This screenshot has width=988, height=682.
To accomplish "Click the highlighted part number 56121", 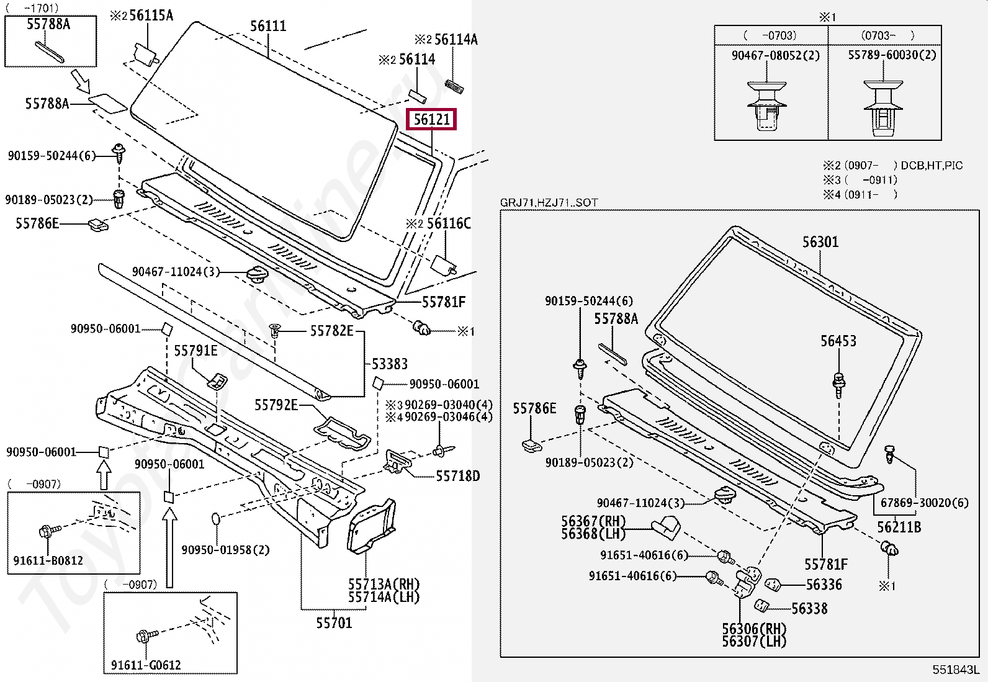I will click(x=431, y=119).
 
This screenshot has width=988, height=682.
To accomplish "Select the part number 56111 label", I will click(x=268, y=26).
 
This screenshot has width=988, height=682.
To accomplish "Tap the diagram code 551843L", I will click(x=954, y=670).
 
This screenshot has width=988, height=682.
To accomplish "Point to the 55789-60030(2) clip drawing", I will click(x=883, y=108).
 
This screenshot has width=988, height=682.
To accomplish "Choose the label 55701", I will click(x=333, y=622).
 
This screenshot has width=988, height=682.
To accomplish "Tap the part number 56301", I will click(x=820, y=242).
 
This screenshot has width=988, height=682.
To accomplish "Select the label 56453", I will click(x=838, y=341).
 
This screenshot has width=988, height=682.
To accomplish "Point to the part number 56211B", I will click(x=899, y=527).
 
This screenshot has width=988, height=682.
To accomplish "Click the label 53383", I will click(x=389, y=364).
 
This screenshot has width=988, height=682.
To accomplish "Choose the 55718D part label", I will click(x=457, y=476).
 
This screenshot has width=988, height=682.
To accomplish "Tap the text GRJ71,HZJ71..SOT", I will click(x=549, y=203).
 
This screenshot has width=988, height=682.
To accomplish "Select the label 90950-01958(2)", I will click(x=225, y=550).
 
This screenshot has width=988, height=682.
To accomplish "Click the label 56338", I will click(x=809, y=609).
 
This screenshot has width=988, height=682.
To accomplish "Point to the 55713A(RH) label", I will click(x=384, y=584).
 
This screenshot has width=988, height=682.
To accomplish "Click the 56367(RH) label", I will click(x=593, y=521).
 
